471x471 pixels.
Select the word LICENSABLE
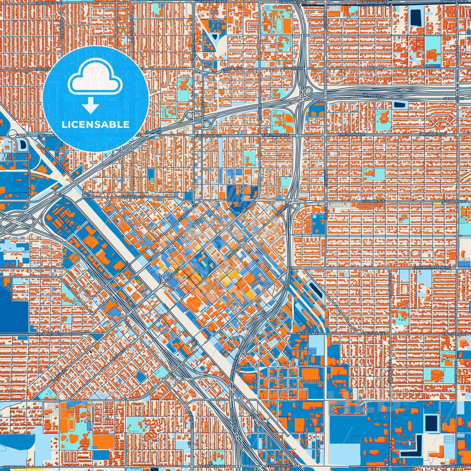pyautogui.click(x=96, y=125)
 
